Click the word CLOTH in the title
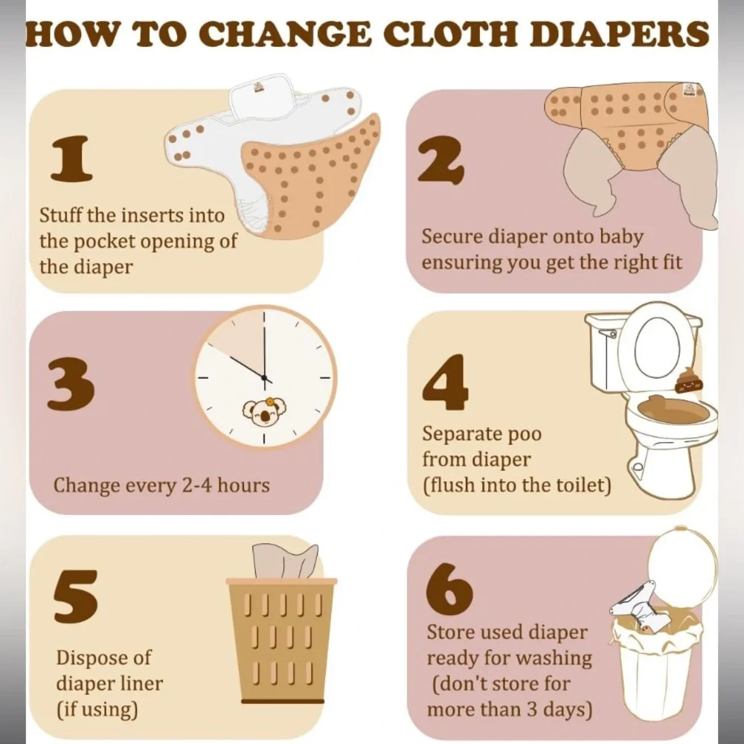coord(450,33)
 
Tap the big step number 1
coord(71,159)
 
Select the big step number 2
coord(440,160)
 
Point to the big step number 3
coord(71,384)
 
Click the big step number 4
coord(445,382)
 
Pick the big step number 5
coord(75,597)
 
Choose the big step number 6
coord(449,589)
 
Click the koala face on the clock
coord(265,411)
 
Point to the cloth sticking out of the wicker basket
coord(285,561)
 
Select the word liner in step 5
coord(138,684)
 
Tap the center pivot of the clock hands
coord(264,378)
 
